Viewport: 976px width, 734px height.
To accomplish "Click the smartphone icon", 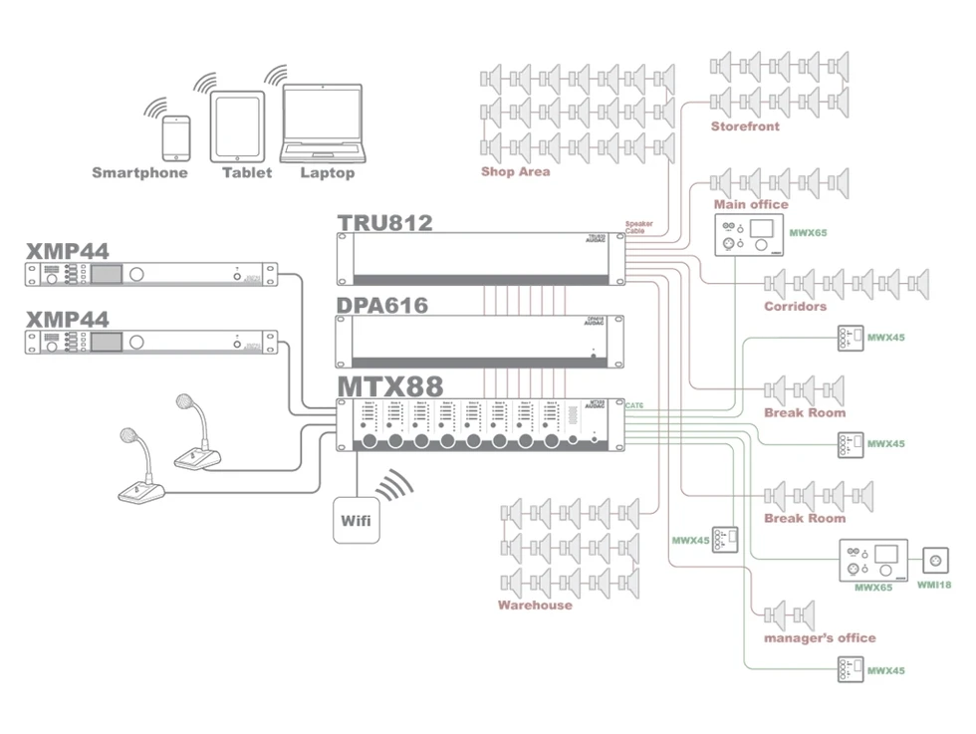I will click(176, 137).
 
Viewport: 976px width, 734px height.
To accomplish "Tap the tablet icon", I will click(238, 127).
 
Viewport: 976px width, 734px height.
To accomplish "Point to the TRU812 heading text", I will click(384, 222).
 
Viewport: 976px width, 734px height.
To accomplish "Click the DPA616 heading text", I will click(382, 305).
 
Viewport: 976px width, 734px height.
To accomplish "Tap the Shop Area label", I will click(515, 171).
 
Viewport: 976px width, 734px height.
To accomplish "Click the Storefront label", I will click(745, 126).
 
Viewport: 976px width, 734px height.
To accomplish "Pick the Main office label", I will click(751, 204).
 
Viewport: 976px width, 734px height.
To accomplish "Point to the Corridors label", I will click(795, 306).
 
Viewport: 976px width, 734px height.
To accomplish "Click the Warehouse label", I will click(535, 605).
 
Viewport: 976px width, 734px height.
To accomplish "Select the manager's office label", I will click(820, 637).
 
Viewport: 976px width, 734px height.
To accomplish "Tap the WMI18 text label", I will click(933, 585).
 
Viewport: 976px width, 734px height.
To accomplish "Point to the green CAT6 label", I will click(635, 405).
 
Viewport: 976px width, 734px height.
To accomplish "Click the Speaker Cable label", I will click(639, 227).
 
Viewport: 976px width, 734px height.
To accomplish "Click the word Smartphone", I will click(139, 172).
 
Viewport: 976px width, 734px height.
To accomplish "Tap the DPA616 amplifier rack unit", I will click(480, 341).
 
